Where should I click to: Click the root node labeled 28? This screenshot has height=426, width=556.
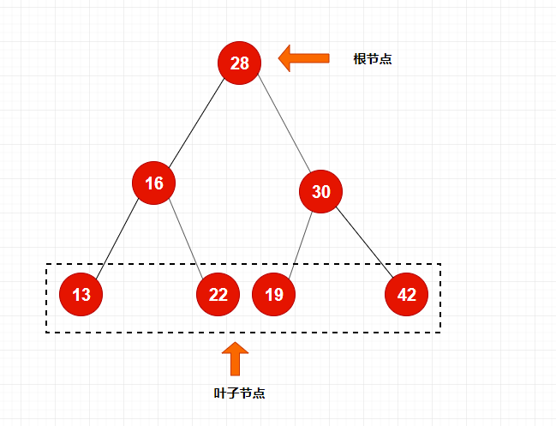tap(239, 63)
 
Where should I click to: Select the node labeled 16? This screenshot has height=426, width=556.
tap(154, 183)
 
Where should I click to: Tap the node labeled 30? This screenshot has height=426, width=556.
tap(321, 192)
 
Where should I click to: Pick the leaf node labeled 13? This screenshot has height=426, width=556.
tap(81, 295)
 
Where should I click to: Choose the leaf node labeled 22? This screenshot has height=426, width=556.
tap(218, 295)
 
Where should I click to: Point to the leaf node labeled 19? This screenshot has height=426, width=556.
tap(274, 295)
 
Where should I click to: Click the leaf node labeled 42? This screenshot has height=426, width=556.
tap(407, 295)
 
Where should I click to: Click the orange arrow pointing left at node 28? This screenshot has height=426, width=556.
tap(304, 58)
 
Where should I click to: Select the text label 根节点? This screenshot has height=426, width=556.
tap(373, 60)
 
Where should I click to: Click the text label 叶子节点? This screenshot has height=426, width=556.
tap(239, 393)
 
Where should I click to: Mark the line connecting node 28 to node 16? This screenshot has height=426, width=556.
tap(197, 123)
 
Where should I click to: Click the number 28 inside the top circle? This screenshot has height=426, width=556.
tap(239, 63)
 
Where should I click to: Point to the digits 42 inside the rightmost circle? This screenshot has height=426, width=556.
tap(407, 295)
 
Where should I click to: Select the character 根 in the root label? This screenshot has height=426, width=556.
tap(360, 60)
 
